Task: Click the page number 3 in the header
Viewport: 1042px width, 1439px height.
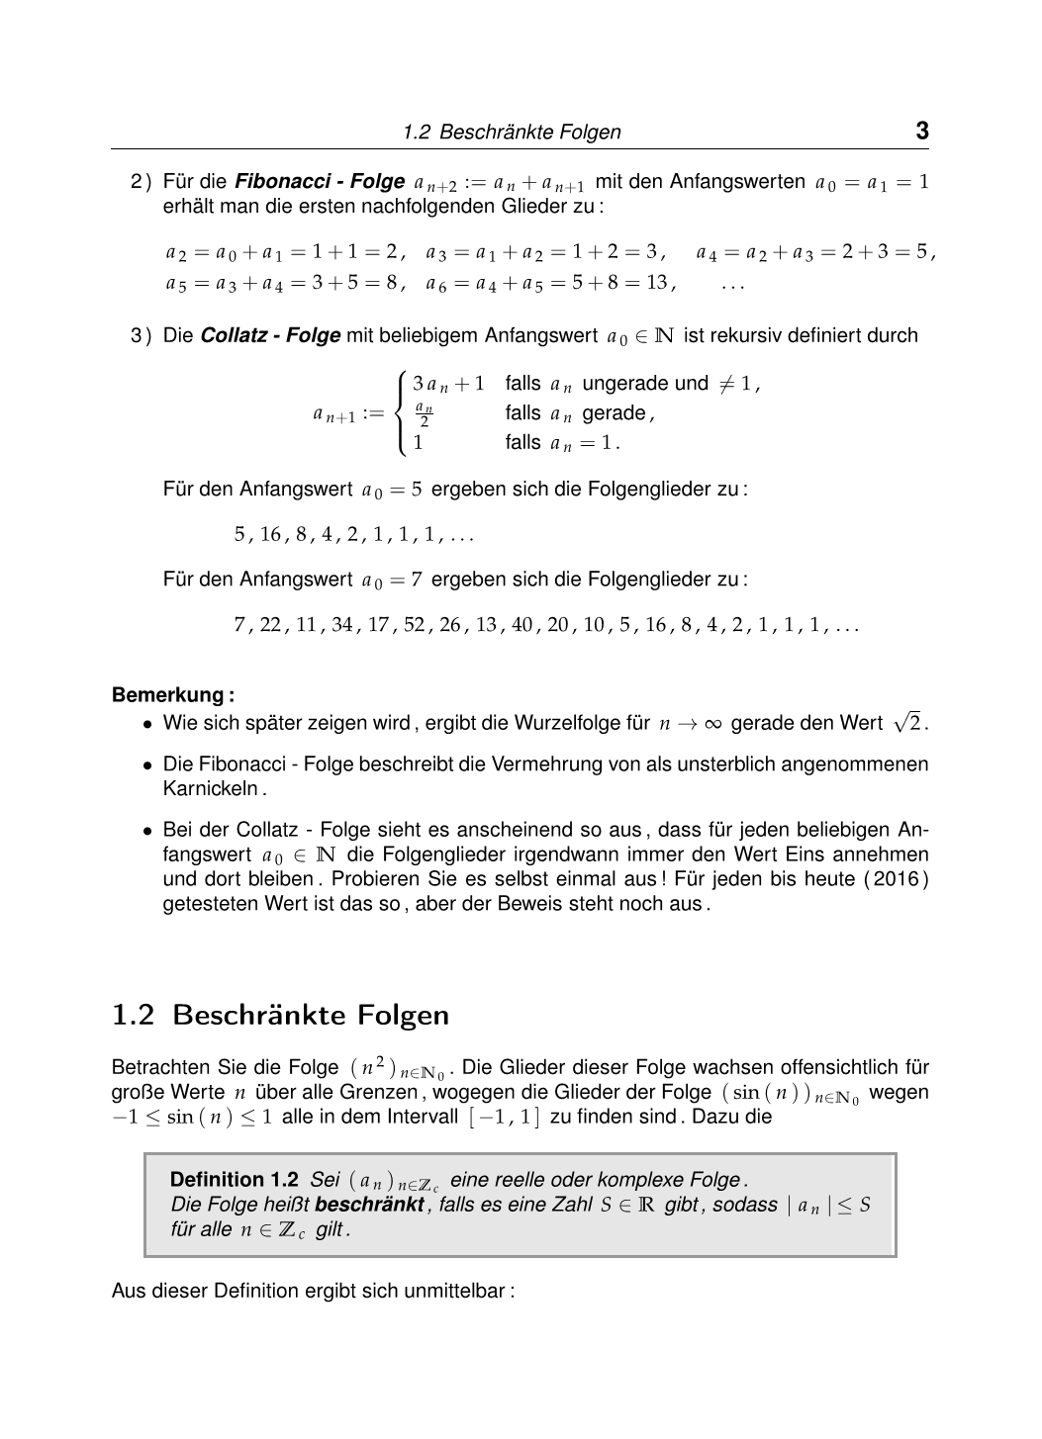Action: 921,131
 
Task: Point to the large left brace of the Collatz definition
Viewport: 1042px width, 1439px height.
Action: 399,413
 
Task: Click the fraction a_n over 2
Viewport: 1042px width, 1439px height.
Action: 424,414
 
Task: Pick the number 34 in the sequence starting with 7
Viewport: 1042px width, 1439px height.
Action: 342,626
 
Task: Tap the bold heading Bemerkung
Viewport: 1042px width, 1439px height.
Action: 173,695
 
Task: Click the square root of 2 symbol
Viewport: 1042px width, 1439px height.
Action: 907,723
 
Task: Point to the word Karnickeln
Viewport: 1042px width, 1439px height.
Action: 211,789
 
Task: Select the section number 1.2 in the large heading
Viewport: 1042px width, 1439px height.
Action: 134,1015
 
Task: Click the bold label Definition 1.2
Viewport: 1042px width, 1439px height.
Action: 234,1180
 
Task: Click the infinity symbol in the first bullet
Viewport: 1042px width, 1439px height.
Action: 710,724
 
